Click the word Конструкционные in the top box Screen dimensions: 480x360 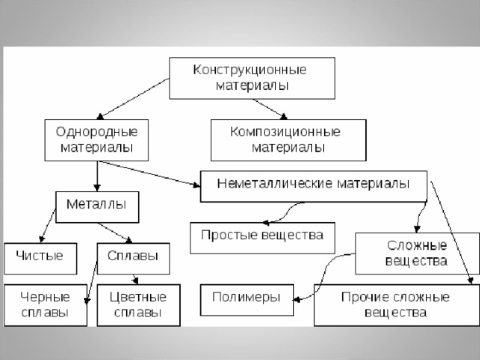click(250, 70)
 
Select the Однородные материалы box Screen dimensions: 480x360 click(97, 140)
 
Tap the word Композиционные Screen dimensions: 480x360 click(285, 132)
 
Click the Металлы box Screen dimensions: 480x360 click(97, 207)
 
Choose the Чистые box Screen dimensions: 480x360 click(40, 259)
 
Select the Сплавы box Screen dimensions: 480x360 click(133, 259)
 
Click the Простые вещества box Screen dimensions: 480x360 click(262, 238)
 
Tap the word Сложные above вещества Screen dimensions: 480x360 click(417, 245)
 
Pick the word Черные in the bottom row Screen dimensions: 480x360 click(45, 297)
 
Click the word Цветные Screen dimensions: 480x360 click(138, 297)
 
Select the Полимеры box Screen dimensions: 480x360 click(247, 300)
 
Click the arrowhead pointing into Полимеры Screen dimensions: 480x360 click(296, 300)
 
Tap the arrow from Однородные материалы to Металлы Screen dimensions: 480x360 click(97, 176)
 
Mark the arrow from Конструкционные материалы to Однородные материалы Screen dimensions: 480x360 click(133, 98)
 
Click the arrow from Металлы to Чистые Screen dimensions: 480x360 click(47, 225)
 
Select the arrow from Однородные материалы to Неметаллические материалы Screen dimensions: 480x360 click(148, 173)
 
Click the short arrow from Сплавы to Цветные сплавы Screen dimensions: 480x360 click(135, 279)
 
